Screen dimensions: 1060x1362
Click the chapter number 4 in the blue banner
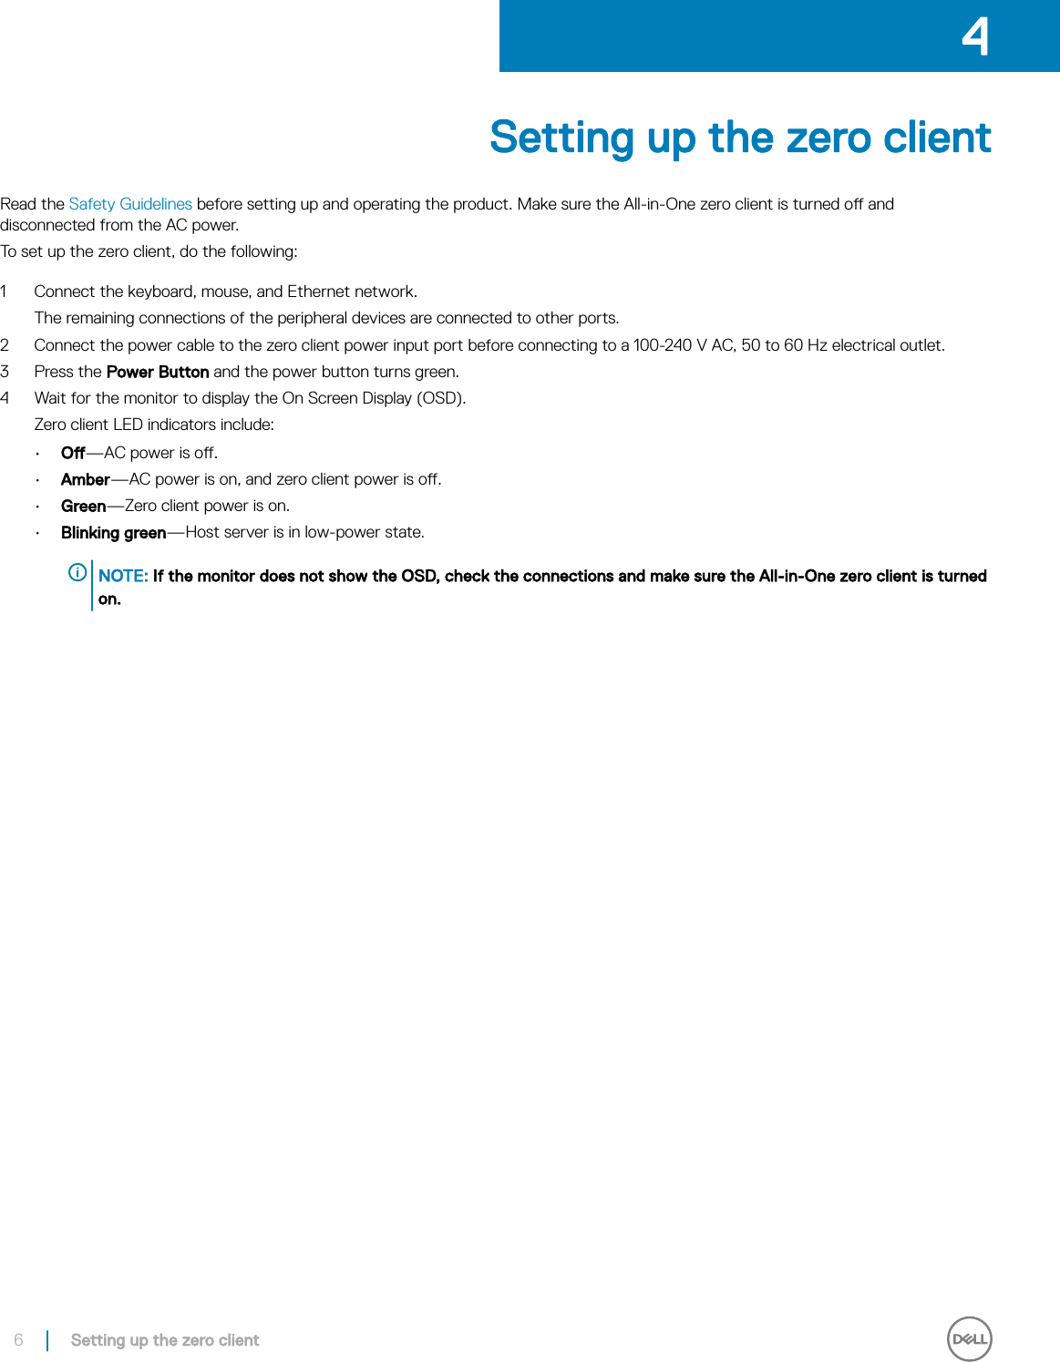pyautogui.click(x=975, y=37)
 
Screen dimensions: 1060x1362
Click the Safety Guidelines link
pyautogui.click(x=130, y=204)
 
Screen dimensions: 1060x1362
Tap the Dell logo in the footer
pyautogui.click(x=969, y=1339)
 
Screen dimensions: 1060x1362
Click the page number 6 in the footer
pyautogui.click(x=18, y=1340)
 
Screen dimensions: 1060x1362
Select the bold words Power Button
pyautogui.click(x=158, y=372)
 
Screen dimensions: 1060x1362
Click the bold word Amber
pyautogui.click(x=85, y=479)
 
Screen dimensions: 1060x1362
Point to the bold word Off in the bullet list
pyautogui.click(x=73, y=453)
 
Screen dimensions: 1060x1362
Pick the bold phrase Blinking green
pyautogui.click(x=113, y=532)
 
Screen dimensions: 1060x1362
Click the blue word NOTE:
pyautogui.click(x=123, y=576)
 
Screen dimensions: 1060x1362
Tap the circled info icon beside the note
pyautogui.click(x=78, y=572)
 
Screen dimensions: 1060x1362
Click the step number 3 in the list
pyautogui.click(x=5, y=372)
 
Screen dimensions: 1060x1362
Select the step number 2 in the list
pyautogui.click(x=5, y=345)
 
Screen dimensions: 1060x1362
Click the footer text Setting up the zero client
pyautogui.click(x=165, y=1340)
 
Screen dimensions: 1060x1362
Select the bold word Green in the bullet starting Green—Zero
pyautogui.click(x=83, y=506)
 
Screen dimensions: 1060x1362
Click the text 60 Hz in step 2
pyautogui.click(x=806, y=345)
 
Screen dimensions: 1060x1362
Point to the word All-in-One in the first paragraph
pyautogui.click(x=659, y=204)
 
